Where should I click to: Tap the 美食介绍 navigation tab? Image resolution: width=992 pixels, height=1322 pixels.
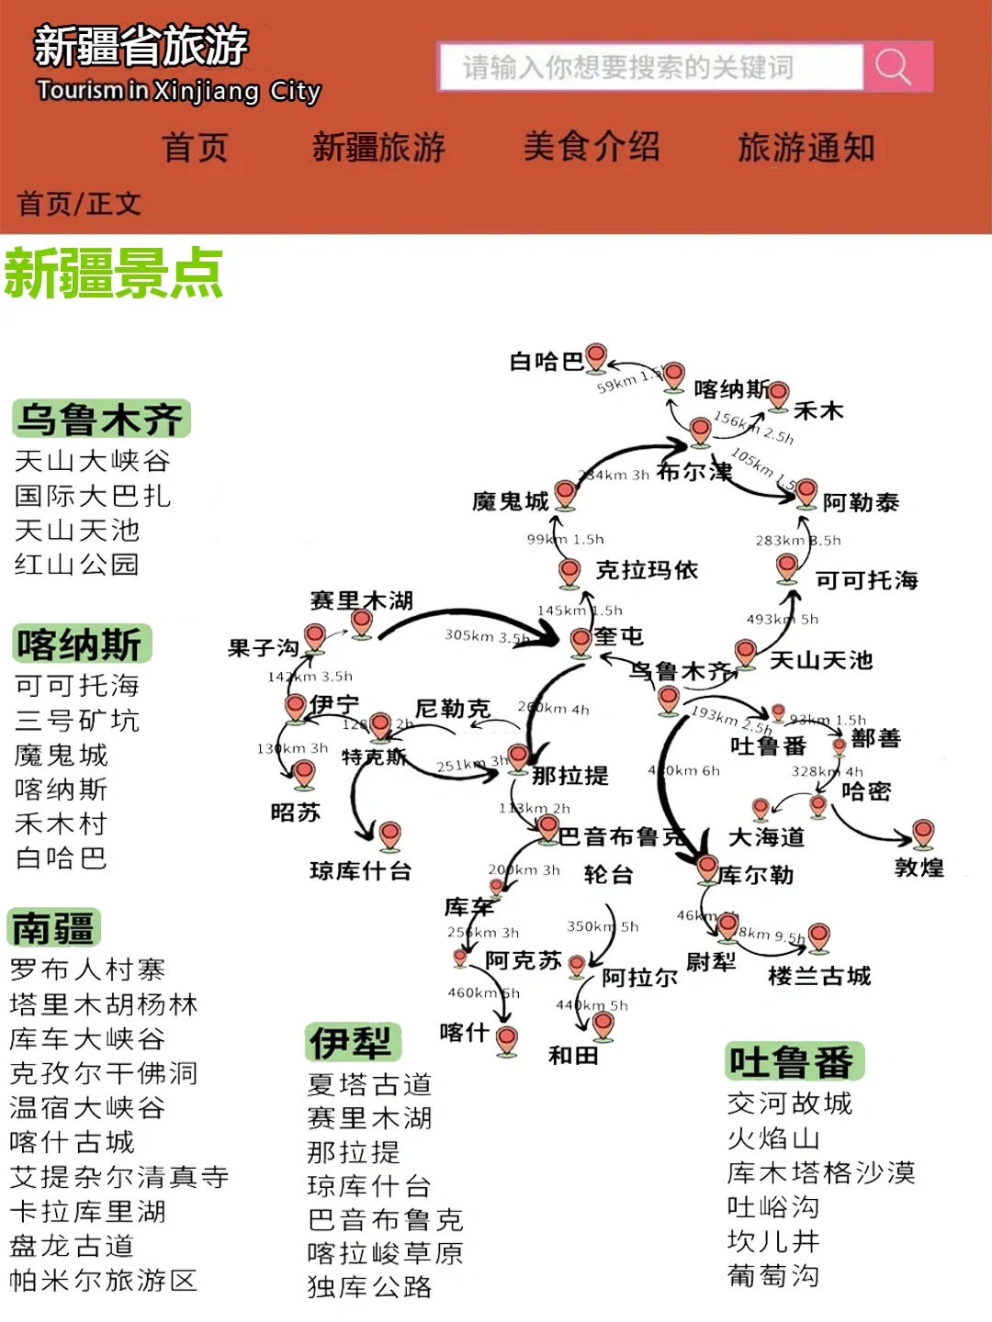coord(592,147)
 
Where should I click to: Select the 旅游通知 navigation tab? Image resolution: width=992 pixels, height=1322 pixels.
coord(806,147)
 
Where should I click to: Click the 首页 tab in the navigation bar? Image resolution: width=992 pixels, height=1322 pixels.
coord(195,147)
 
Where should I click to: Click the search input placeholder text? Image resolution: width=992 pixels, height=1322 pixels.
coord(627,67)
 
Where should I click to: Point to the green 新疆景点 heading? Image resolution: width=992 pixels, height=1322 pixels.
coord(114,274)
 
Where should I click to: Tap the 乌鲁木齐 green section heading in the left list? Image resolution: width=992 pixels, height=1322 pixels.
coord(101,420)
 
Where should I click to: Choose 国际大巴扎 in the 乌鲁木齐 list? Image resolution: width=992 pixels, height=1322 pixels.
coord(93,496)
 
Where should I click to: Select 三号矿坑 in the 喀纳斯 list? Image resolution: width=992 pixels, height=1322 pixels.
coord(77,721)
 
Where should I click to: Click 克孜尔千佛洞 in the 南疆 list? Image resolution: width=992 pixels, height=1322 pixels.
coord(104,1073)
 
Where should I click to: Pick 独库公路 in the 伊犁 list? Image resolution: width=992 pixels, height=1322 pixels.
coord(369,1287)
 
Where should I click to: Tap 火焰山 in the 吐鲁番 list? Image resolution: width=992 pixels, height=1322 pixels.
coord(773,1138)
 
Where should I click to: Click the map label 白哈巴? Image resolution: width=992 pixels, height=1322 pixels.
coord(547,362)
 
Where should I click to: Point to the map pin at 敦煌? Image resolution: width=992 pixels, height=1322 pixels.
coord(923,833)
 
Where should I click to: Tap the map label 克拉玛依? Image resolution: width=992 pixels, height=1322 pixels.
coord(647,570)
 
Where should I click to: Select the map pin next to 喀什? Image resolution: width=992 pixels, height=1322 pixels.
coord(506,1039)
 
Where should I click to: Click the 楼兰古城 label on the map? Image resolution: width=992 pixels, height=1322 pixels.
coord(819,976)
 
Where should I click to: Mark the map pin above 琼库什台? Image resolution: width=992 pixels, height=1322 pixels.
coord(390,835)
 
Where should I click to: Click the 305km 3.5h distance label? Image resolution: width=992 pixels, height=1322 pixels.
coord(486,635)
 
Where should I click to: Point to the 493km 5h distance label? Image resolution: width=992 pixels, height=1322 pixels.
coord(782,620)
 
